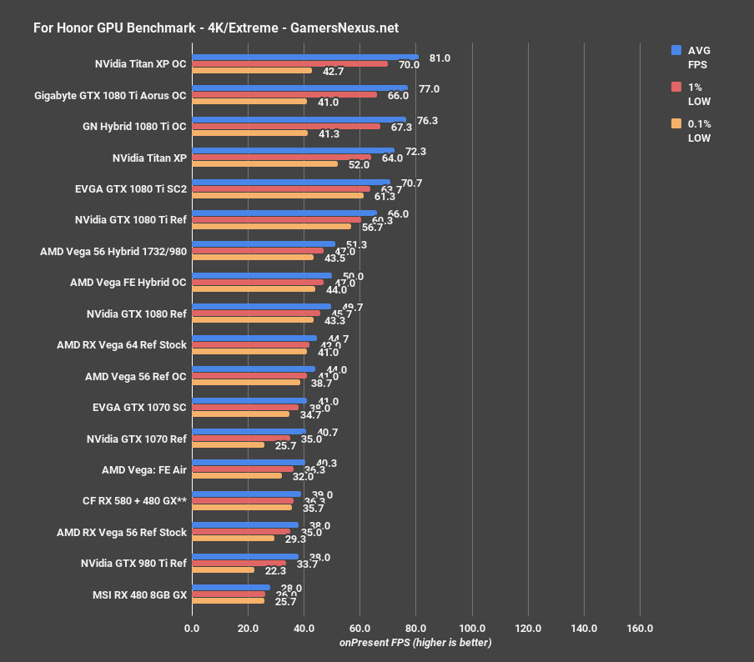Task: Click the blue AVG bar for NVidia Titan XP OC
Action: tap(304, 57)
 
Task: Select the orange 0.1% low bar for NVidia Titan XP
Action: tap(264, 164)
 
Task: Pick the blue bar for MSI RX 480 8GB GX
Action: tap(231, 587)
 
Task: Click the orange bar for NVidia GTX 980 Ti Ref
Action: tap(223, 570)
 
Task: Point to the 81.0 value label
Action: tap(440, 58)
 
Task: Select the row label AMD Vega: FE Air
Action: tap(144, 469)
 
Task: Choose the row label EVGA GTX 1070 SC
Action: tap(140, 407)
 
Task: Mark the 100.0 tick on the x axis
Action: tap(472, 628)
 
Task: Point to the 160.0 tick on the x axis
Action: tap(640, 628)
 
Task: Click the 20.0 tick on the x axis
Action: tap(248, 628)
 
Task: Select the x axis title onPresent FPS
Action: tap(415, 642)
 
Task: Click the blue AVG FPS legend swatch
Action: tap(676, 50)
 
